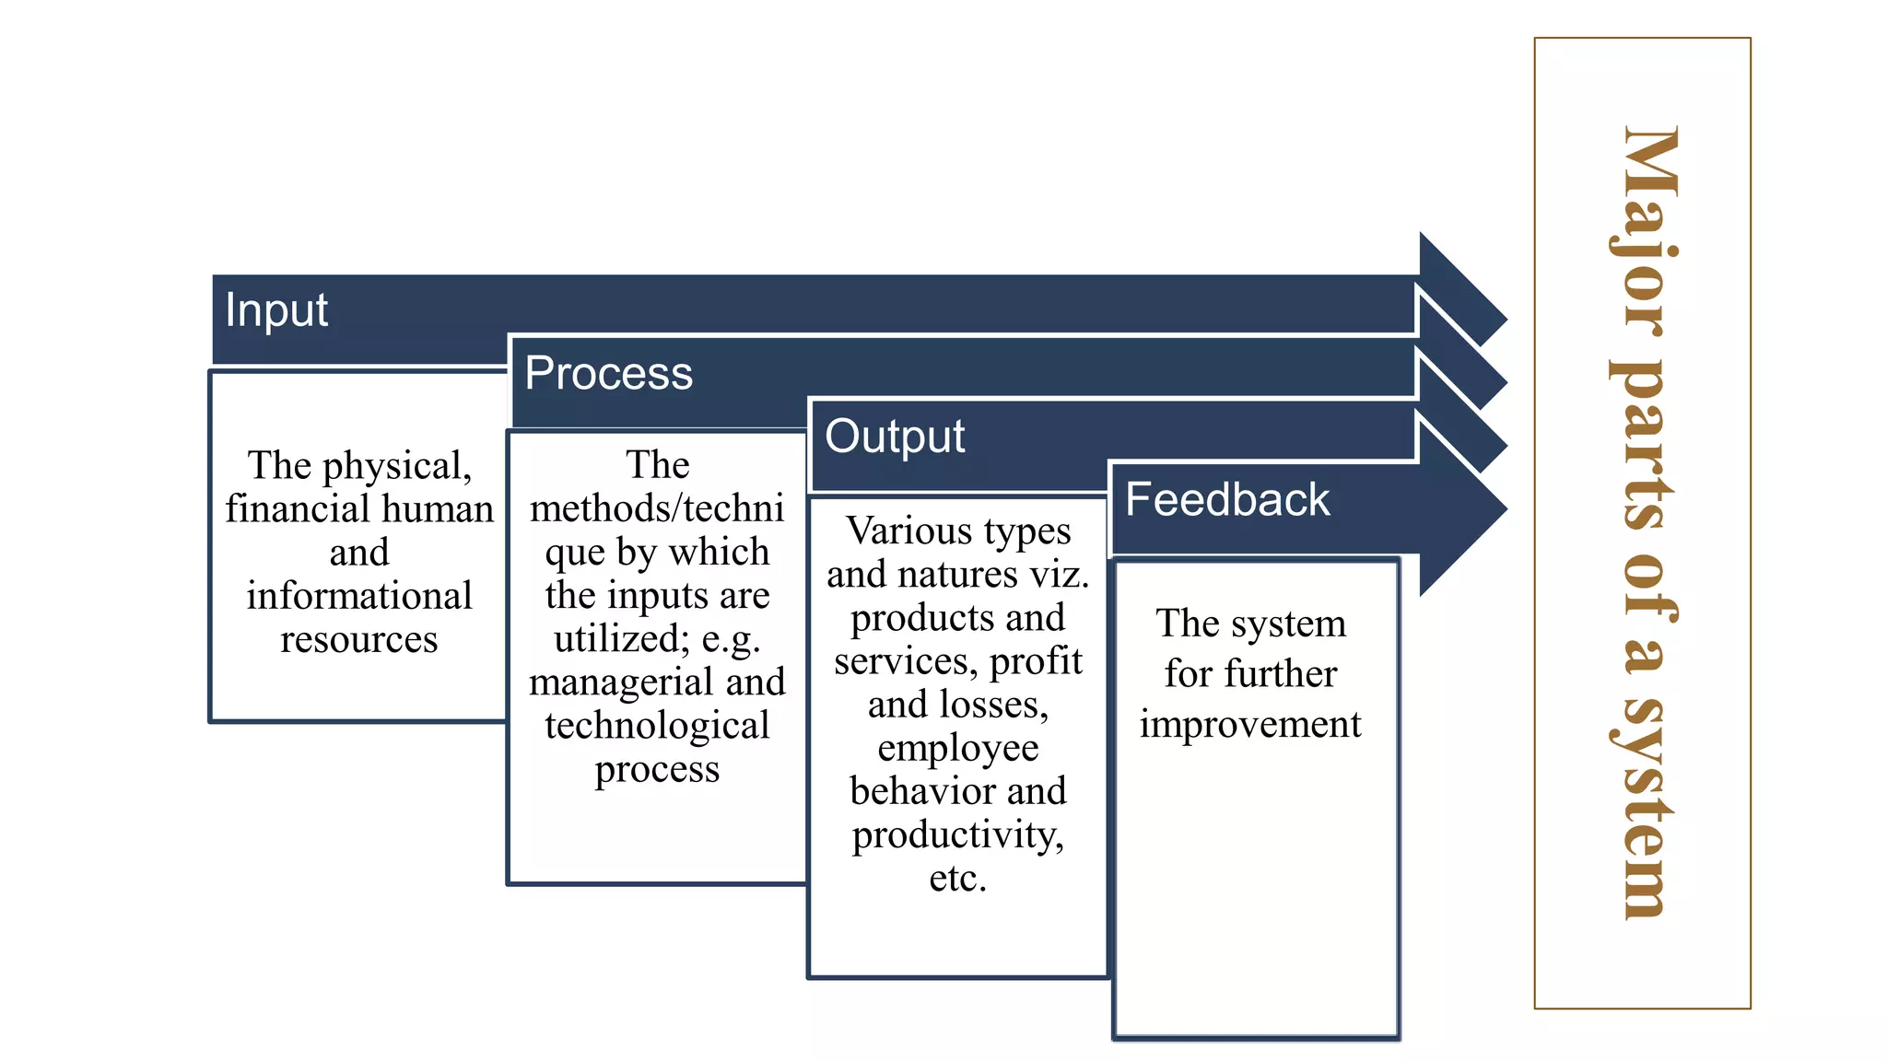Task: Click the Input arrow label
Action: click(275, 310)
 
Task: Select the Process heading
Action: click(608, 373)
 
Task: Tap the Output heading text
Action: click(894, 437)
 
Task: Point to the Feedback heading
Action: click(1226, 500)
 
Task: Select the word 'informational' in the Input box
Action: click(359, 596)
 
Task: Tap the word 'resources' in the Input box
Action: click(359, 639)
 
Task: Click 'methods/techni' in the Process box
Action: click(657, 508)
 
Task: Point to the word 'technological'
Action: click(657, 726)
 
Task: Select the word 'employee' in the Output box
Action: click(958, 748)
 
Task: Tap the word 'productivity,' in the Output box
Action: click(958, 835)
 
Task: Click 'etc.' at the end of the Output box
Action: click(958, 879)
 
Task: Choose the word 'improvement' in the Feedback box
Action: click(1250, 725)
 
